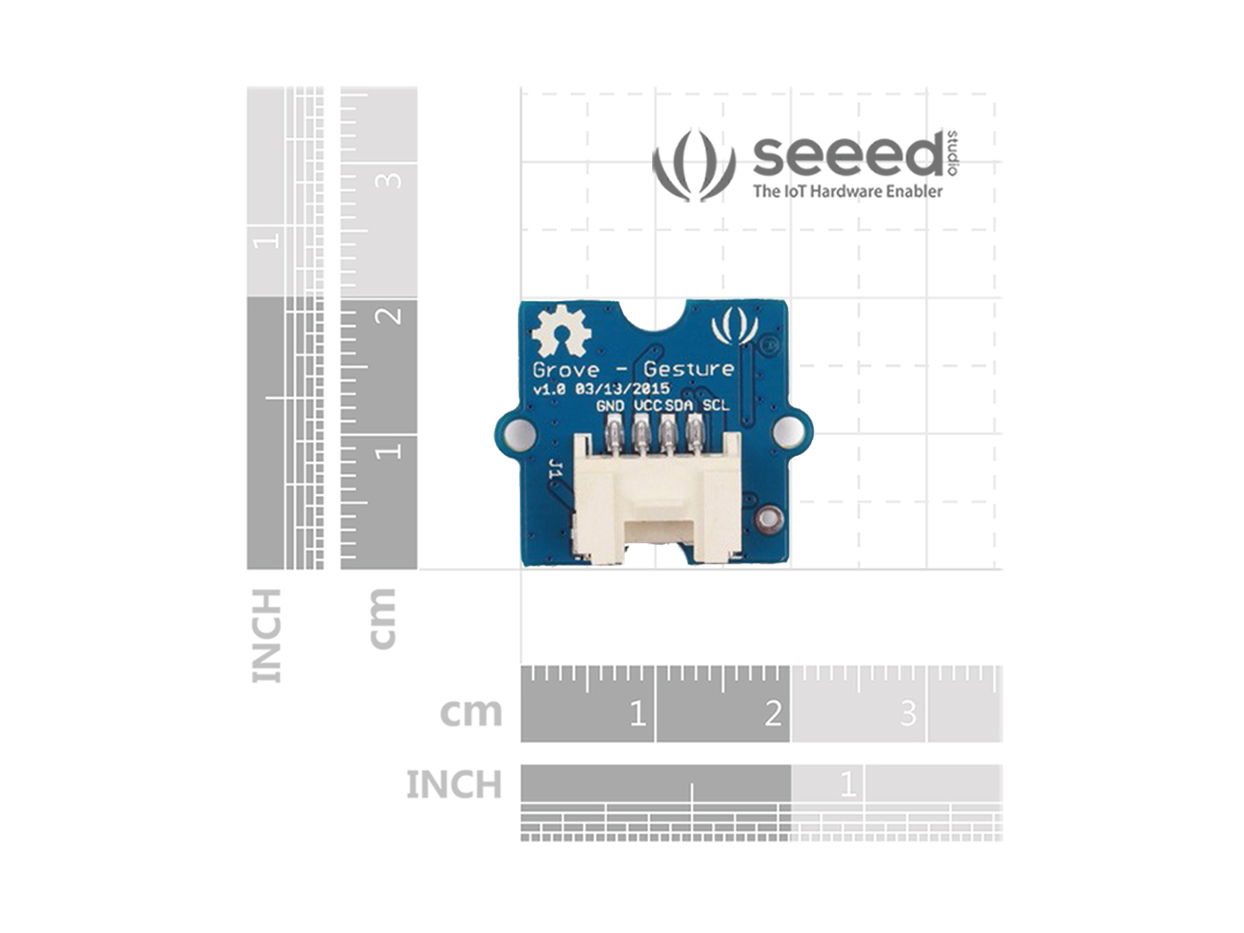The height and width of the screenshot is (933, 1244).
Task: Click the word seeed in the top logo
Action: coord(847,155)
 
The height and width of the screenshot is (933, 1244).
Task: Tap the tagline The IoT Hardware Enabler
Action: coord(847,191)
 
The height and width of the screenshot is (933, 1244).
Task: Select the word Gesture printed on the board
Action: coord(690,369)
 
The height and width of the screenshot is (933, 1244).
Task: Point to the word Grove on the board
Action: coord(565,369)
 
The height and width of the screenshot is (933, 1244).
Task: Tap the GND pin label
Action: coord(610,405)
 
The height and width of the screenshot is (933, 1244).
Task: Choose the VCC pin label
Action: coord(649,405)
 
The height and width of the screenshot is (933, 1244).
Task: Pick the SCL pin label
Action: coord(716,405)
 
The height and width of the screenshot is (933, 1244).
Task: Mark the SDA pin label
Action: coord(680,405)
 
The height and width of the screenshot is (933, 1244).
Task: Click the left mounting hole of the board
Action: coord(519,433)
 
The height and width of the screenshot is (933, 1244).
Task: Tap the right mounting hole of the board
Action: coord(787,433)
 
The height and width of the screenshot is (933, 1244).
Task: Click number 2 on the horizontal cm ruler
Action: coord(773,714)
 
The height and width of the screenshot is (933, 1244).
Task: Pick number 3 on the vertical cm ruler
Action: coord(389,180)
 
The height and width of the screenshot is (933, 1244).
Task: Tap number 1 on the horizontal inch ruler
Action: coord(848,784)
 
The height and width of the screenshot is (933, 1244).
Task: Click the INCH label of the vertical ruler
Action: coord(267,635)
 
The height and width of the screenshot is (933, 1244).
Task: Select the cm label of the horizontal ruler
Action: coord(471,712)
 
